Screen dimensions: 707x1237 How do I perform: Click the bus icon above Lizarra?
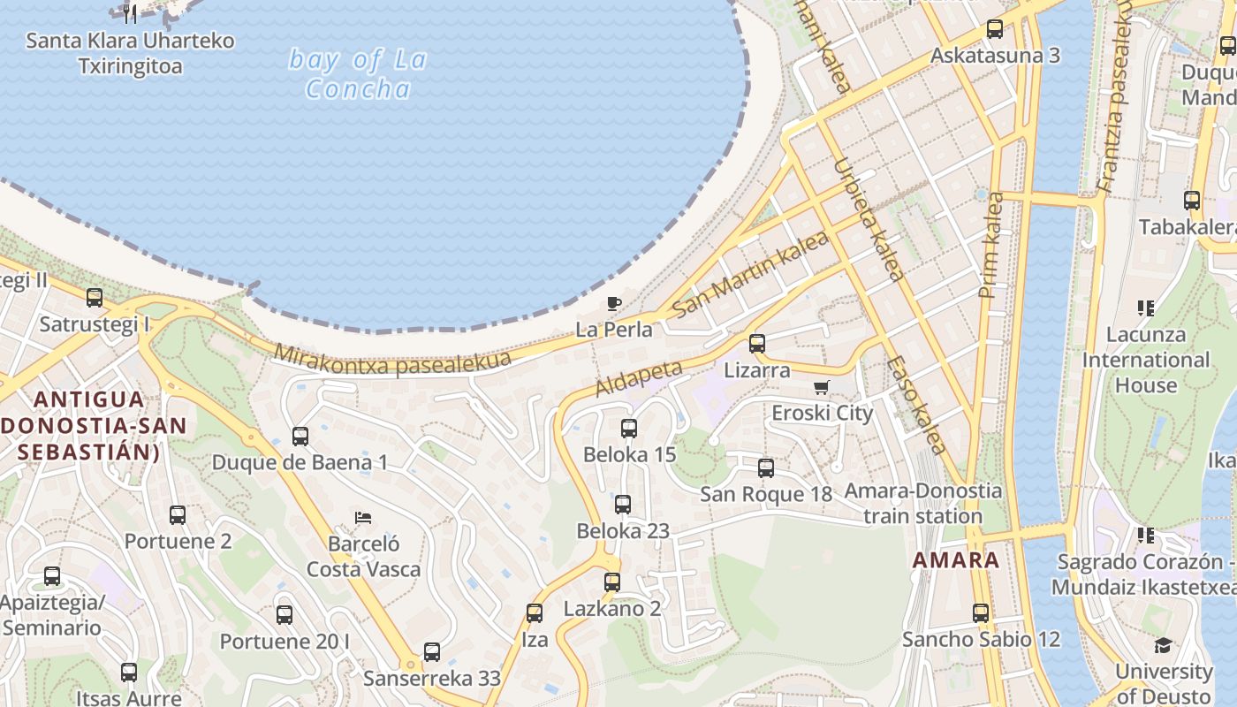pyautogui.click(x=757, y=344)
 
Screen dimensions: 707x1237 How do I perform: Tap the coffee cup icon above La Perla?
pyautogui.click(x=614, y=304)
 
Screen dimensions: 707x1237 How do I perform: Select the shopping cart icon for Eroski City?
pyautogui.click(x=822, y=387)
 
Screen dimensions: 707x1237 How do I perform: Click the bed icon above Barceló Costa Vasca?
pyautogui.click(x=363, y=517)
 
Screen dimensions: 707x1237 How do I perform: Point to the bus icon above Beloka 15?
pyautogui.click(x=629, y=429)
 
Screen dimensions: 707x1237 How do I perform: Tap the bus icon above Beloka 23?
pyautogui.click(x=623, y=505)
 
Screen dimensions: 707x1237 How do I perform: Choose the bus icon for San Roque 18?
pyautogui.click(x=766, y=468)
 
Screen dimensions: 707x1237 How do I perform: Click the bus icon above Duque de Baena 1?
pyautogui.click(x=300, y=436)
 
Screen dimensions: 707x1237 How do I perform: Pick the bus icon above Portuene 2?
pyautogui.click(x=178, y=515)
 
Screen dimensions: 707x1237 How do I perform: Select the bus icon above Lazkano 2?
pyautogui.click(x=612, y=582)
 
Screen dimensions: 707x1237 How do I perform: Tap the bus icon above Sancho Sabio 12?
pyautogui.click(x=981, y=613)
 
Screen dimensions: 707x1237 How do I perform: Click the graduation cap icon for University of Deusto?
pyautogui.click(x=1164, y=645)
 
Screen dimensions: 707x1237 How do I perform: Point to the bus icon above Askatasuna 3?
pyautogui.click(x=995, y=29)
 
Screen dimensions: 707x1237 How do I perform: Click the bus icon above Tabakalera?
pyautogui.click(x=1192, y=201)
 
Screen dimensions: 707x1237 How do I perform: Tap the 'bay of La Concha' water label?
pyautogui.click(x=358, y=74)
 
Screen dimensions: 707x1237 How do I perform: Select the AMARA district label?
pyautogui.click(x=956, y=559)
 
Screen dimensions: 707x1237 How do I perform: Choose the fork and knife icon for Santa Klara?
pyautogui.click(x=130, y=13)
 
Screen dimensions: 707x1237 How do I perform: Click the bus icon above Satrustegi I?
pyautogui.click(x=95, y=298)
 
